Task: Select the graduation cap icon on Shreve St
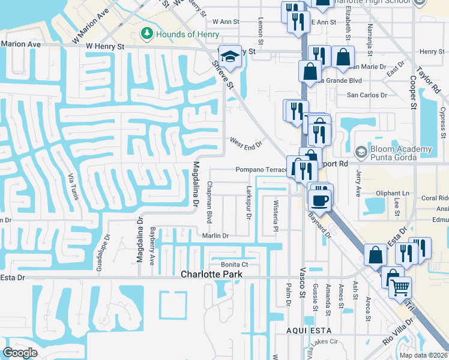coord(228,56)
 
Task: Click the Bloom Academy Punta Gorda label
coord(401,153)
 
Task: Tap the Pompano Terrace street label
coord(262,170)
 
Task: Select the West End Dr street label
coord(247,143)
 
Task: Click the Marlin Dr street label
coord(215,236)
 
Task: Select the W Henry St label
coord(104,46)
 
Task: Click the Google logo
coord(20,353)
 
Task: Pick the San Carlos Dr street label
coord(367,95)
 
